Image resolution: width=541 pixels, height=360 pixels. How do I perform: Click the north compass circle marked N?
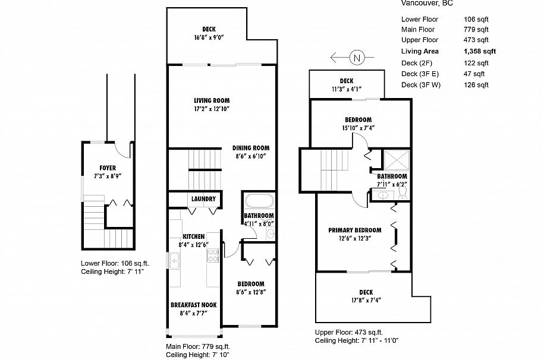point(357,58)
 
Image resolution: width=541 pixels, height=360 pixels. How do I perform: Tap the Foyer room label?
point(108,168)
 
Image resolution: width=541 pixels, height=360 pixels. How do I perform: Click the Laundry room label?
point(203,199)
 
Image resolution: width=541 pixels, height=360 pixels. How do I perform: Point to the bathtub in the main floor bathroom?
point(259,200)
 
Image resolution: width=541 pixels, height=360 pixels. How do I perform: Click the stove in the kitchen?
point(213,255)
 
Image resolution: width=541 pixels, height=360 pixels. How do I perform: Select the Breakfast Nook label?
point(193,305)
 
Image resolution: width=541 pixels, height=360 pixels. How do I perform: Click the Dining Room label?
point(251,149)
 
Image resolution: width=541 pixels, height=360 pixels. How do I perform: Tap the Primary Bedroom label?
point(355,230)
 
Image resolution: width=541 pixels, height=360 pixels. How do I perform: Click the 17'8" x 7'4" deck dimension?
point(366,300)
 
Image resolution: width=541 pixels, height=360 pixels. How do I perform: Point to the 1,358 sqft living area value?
point(479,52)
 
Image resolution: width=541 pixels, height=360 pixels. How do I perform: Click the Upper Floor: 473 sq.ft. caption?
point(350,332)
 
